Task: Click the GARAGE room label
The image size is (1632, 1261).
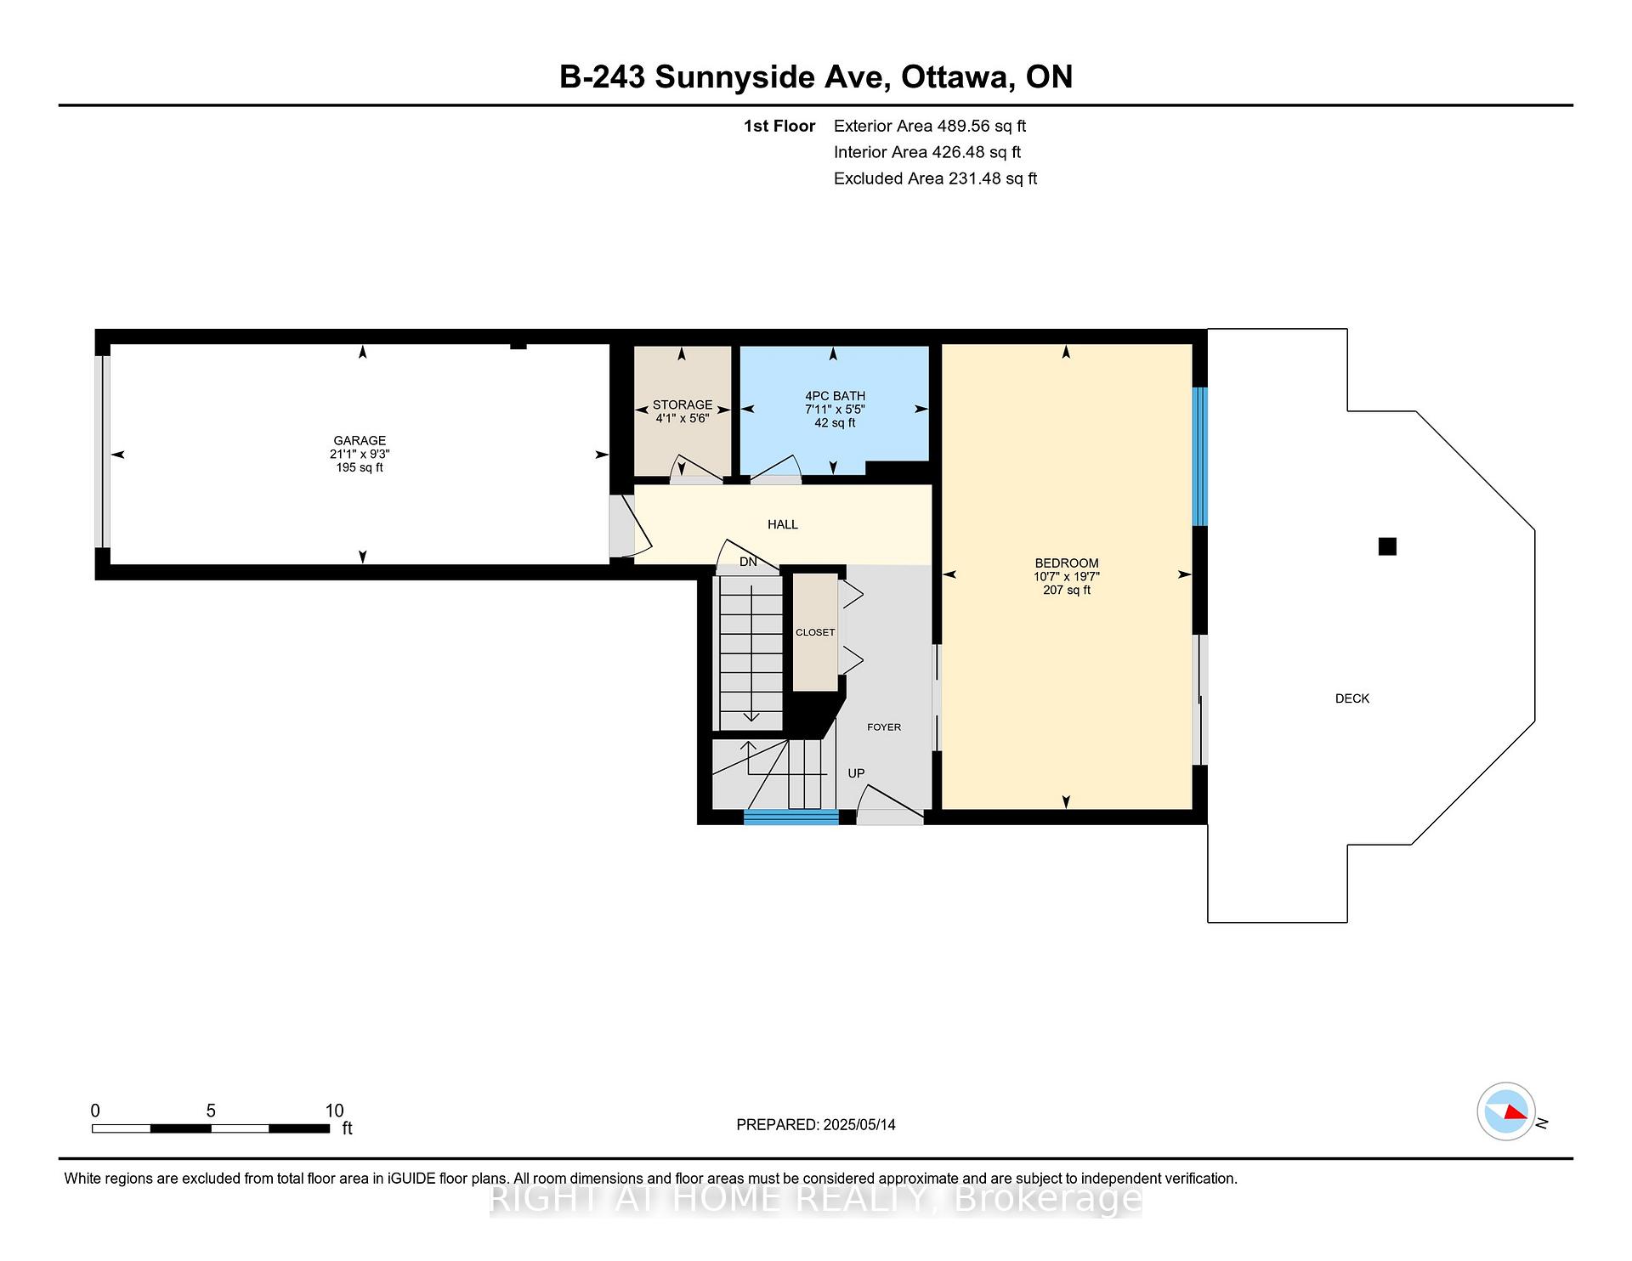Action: click(360, 440)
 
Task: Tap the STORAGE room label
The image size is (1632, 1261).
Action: click(683, 404)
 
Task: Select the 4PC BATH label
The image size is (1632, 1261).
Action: click(835, 395)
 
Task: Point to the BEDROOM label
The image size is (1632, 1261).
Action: click(1067, 563)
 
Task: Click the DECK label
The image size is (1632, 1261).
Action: click(1352, 698)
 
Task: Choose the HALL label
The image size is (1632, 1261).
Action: click(783, 524)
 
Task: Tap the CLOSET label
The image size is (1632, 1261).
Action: click(815, 632)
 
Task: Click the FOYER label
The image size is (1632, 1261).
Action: click(884, 727)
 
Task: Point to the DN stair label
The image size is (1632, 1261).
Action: click(748, 562)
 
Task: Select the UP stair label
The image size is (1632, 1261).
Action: click(856, 773)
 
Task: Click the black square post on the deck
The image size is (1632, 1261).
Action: click(1387, 546)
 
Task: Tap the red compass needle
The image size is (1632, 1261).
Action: click(1516, 1112)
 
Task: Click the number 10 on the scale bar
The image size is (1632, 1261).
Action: click(334, 1111)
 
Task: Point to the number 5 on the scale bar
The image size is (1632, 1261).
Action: click(211, 1111)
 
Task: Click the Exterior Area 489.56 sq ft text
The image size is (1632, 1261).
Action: click(930, 126)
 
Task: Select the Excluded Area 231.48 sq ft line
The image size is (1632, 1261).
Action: click(935, 178)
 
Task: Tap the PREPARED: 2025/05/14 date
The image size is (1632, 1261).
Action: click(816, 1124)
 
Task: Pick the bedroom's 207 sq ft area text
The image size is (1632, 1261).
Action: click(1067, 590)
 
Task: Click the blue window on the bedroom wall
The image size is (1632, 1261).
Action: click(1200, 456)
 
